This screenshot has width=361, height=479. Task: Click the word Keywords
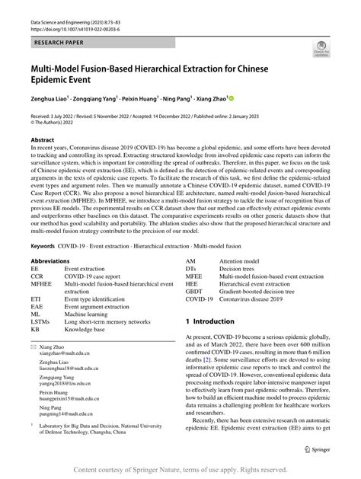(43, 246)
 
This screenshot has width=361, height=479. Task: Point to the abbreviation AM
(191, 260)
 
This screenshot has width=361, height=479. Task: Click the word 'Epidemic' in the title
(56, 78)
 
